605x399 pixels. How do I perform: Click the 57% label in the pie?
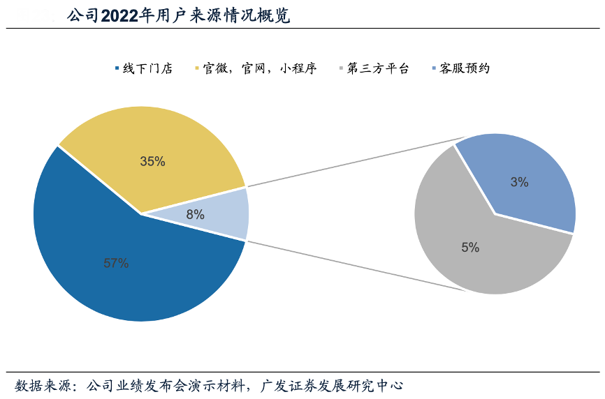[x=116, y=263]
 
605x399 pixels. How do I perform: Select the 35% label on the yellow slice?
[x=152, y=161]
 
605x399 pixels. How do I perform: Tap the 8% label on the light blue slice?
[x=196, y=215]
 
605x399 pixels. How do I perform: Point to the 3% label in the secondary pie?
[x=519, y=182]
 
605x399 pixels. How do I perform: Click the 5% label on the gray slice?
[x=470, y=247]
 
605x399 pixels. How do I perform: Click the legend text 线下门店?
[x=147, y=68]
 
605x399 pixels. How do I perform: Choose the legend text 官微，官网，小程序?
[x=260, y=68]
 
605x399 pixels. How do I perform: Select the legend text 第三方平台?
[x=378, y=68]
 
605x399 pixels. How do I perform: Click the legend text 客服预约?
[x=465, y=68]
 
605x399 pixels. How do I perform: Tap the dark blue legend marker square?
[x=116, y=68]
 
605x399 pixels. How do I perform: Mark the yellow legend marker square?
[x=196, y=68]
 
